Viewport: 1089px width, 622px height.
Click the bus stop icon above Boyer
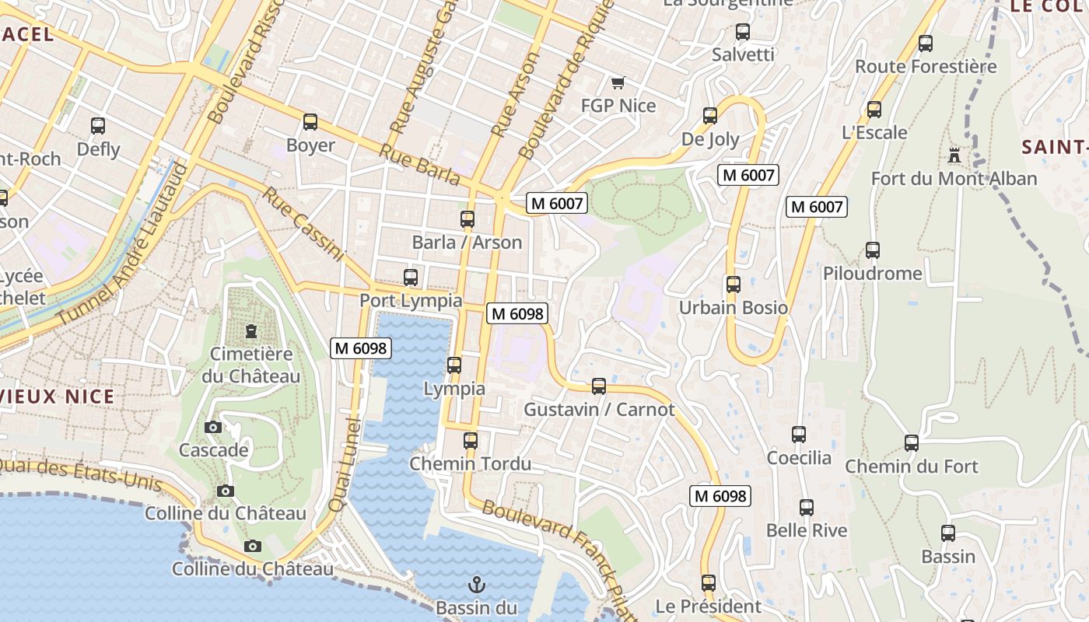pyautogui.click(x=310, y=122)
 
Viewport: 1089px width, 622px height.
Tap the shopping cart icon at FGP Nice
pyautogui.click(x=618, y=82)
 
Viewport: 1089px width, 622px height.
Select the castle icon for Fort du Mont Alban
pyautogui.click(x=954, y=155)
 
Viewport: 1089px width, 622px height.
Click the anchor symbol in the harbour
pyautogui.click(x=475, y=584)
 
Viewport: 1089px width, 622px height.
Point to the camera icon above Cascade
pyautogui.click(x=213, y=427)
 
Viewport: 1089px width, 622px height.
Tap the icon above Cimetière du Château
pyautogui.click(x=250, y=331)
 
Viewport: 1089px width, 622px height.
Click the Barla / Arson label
pyautogui.click(x=467, y=243)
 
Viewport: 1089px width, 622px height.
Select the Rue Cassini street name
pyautogui.click(x=303, y=223)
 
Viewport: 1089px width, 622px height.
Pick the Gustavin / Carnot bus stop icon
pyautogui.click(x=598, y=386)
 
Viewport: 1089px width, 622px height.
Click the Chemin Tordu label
pyautogui.click(x=471, y=464)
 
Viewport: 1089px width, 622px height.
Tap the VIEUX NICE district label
pyautogui.click(x=58, y=397)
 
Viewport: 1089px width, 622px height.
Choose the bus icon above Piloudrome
pyautogui.click(x=873, y=250)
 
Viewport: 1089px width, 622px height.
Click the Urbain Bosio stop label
pyautogui.click(x=734, y=308)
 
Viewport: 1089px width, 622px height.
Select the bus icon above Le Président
pyautogui.click(x=708, y=582)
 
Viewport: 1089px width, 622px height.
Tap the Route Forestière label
pyautogui.click(x=926, y=67)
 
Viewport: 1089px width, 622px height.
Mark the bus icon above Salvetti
pyautogui.click(x=743, y=32)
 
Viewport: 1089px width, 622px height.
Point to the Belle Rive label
pyautogui.click(x=807, y=531)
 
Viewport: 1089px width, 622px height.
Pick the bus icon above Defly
pyautogui.click(x=98, y=126)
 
